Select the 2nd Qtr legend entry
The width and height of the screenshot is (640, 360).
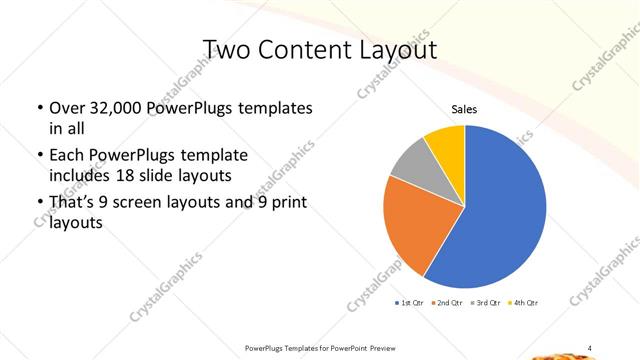(x=446, y=302)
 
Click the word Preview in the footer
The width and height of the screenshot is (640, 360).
(x=394, y=347)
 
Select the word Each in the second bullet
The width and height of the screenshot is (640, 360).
(x=68, y=155)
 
